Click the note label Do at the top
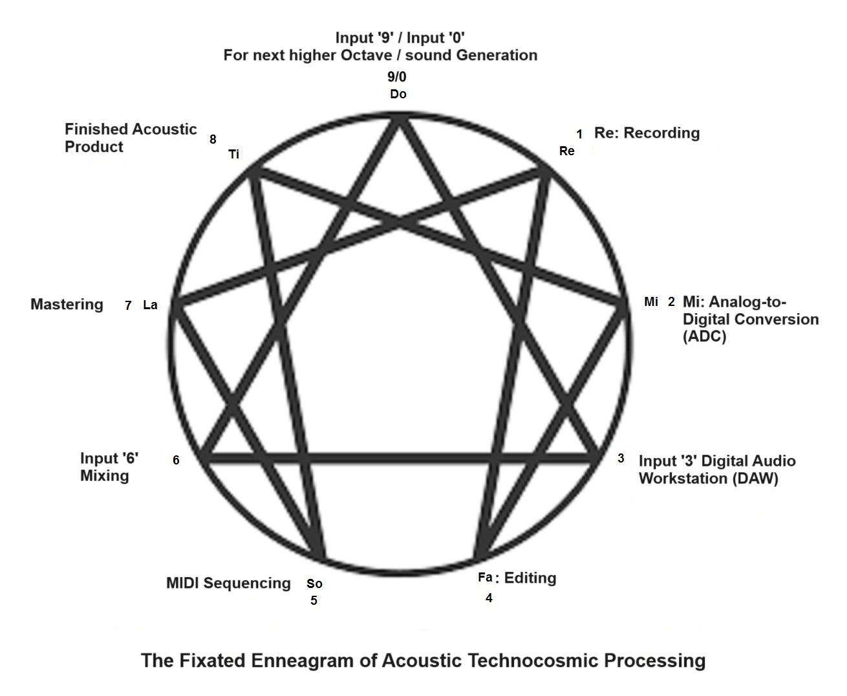(398, 94)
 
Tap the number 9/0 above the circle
(397, 77)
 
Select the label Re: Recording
(647, 133)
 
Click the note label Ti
(234, 155)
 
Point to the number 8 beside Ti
(213, 139)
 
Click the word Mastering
(67, 305)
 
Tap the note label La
(150, 305)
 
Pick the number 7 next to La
(129, 306)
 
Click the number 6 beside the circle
(176, 461)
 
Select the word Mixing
(105, 476)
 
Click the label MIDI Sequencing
(228, 583)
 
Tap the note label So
(314, 584)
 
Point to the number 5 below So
(314, 601)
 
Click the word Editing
(530, 578)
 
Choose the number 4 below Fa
(489, 598)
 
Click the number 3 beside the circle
(621, 459)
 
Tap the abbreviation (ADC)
(704, 337)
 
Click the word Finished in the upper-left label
(95, 129)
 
